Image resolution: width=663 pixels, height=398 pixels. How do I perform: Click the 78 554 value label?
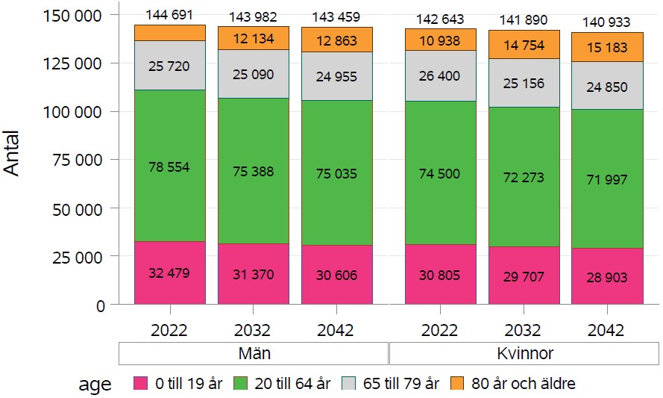(x=169, y=167)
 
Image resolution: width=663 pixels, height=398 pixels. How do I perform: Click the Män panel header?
(x=254, y=352)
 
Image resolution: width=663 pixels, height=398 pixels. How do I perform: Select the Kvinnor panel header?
(x=524, y=352)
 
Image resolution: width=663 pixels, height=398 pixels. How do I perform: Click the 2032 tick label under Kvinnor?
(x=524, y=330)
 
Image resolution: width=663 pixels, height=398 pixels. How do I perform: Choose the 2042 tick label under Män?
(x=336, y=330)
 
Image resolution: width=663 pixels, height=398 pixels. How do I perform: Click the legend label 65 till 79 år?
(x=400, y=384)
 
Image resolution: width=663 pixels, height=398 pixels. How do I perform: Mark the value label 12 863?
(x=336, y=41)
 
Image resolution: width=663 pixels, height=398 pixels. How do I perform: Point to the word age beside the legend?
(x=95, y=385)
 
